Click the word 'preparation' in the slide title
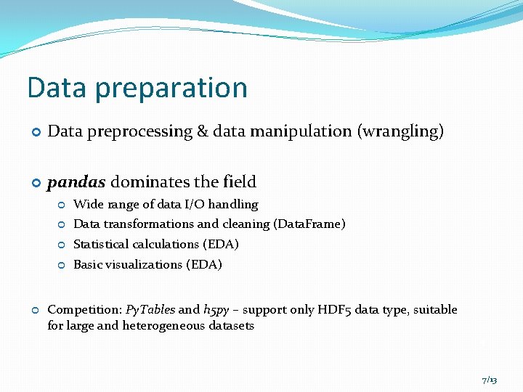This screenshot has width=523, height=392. (x=171, y=89)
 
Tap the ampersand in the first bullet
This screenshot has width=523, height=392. (x=201, y=131)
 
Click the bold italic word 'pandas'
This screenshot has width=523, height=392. (x=76, y=181)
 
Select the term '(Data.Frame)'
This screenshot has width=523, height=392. (x=309, y=224)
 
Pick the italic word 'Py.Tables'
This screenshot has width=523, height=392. (x=150, y=310)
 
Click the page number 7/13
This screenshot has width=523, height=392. (x=489, y=380)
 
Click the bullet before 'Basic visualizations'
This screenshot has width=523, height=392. (x=62, y=266)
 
